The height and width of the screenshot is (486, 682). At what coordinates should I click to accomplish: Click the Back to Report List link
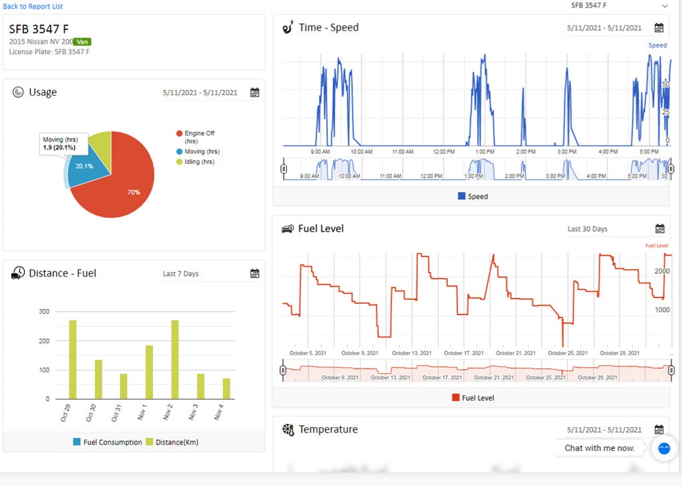pyautogui.click(x=33, y=7)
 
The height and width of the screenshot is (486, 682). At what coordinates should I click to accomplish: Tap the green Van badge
pyautogui.click(x=82, y=42)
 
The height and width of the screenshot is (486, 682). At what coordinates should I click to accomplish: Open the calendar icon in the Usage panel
pyautogui.click(x=255, y=92)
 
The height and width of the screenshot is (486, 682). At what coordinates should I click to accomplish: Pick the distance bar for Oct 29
pyautogui.click(x=73, y=360)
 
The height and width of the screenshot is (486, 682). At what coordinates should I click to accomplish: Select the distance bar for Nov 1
pyautogui.click(x=149, y=372)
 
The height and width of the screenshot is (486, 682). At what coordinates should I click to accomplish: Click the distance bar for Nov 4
pyautogui.click(x=226, y=389)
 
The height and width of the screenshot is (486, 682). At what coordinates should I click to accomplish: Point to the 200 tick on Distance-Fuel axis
pyautogui.click(x=44, y=341)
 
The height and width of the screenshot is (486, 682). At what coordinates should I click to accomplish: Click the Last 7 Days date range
pyautogui.click(x=181, y=273)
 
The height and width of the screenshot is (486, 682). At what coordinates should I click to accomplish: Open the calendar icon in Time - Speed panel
pyautogui.click(x=659, y=28)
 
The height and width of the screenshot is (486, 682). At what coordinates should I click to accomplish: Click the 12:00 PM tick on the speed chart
pyautogui.click(x=444, y=152)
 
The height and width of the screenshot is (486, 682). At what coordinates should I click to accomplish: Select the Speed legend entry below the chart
pyautogui.click(x=473, y=196)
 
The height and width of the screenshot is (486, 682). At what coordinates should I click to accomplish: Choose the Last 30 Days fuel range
pyautogui.click(x=587, y=229)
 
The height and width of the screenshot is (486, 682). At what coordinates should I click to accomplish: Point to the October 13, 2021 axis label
pyautogui.click(x=411, y=353)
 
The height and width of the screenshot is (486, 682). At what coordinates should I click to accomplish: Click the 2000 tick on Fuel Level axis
pyautogui.click(x=662, y=271)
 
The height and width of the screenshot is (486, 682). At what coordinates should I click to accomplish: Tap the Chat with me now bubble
pyautogui.click(x=600, y=448)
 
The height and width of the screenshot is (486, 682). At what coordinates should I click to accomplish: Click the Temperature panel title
pyautogui.click(x=328, y=430)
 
